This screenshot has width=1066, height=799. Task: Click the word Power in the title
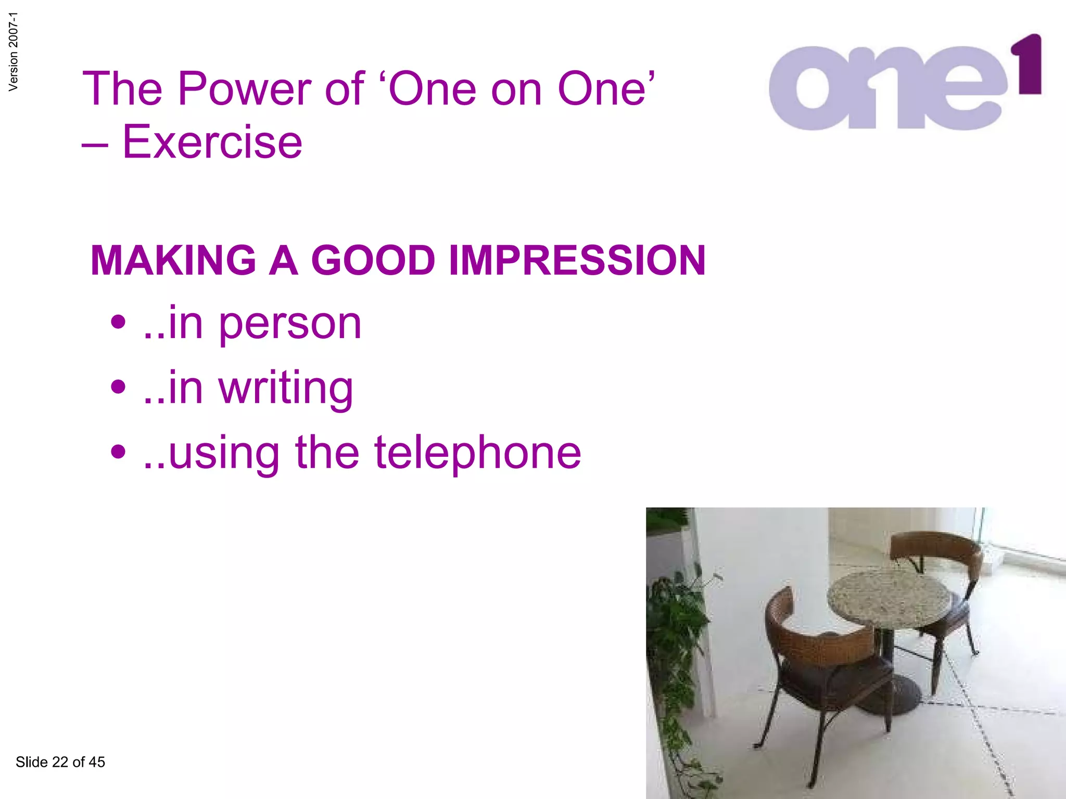(x=245, y=89)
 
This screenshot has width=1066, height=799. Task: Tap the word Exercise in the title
(x=212, y=142)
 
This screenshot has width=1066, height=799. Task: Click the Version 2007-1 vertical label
(x=14, y=52)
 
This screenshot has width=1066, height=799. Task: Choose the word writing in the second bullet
(x=286, y=389)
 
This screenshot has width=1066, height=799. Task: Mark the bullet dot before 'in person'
(x=119, y=322)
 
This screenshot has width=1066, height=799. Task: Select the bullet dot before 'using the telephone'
(x=119, y=451)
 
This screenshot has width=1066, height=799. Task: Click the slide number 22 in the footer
(x=60, y=762)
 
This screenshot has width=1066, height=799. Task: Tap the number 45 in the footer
(x=97, y=762)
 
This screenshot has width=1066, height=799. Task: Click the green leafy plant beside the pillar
(x=674, y=624)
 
